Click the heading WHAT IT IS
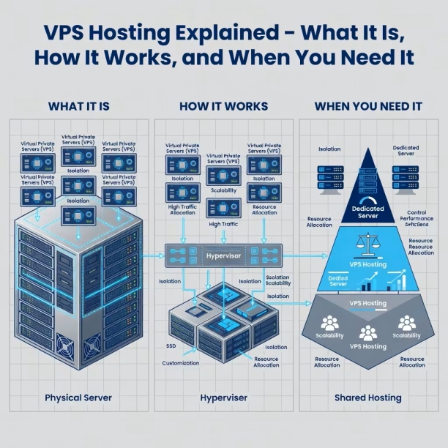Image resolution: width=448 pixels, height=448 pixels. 78,106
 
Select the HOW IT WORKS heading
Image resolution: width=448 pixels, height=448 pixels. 223,106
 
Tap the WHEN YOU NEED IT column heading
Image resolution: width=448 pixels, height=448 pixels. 367,106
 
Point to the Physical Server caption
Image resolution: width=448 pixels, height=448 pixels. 78,397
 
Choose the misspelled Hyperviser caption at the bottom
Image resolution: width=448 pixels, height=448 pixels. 223,397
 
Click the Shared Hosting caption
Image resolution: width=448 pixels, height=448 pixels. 367,397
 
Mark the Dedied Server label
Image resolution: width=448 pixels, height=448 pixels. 337,281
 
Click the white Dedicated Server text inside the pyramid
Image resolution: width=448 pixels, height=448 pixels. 368,213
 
